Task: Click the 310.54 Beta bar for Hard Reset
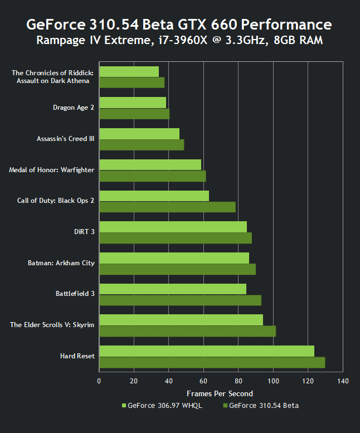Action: pos(212,362)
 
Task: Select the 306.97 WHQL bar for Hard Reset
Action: pos(206,351)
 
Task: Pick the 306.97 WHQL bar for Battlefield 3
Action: pos(173,289)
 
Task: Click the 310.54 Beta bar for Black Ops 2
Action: pos(167,207)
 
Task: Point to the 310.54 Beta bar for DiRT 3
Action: pos(176,238)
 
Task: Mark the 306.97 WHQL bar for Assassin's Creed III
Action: pos(139,134)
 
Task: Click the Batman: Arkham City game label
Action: pos(61,263)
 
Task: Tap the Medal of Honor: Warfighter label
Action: pos(52,169)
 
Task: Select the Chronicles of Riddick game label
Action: pos(52,77)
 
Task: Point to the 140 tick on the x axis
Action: pos(343,381)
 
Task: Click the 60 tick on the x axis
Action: pos(203,381)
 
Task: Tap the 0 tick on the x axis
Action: pos(99,381)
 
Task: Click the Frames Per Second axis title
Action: pos(220,394)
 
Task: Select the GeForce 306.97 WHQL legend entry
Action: pos(162,406)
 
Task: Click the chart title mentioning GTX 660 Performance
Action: pos(179,25)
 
